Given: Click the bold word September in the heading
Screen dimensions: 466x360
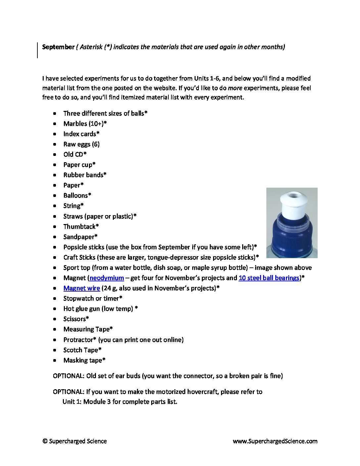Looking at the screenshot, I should [x=58, y=47].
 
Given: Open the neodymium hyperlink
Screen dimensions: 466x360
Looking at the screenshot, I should [x=107, y=278].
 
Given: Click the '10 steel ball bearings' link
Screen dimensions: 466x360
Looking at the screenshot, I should [x=269, y=278].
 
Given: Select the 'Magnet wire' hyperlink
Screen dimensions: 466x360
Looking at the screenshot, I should [x=81, y=288].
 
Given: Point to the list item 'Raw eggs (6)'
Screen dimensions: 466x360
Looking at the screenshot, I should [x=81, y=144].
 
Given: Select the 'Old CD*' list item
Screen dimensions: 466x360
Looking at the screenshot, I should [x=75, y=154].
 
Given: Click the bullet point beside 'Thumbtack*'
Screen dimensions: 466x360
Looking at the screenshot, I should [x=55, y=227].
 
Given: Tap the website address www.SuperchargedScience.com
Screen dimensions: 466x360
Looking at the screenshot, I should [x=275, y=441].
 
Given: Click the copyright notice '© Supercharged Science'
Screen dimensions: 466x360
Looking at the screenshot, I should [x=74, y=441].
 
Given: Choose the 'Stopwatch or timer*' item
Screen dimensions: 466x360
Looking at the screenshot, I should [x=93, y=298].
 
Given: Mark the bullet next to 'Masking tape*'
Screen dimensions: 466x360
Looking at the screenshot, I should [x=55, y=360].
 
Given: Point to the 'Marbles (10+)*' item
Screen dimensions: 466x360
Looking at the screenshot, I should [x=85, y=123].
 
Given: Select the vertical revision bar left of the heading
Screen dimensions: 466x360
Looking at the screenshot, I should [x=37, y=50].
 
